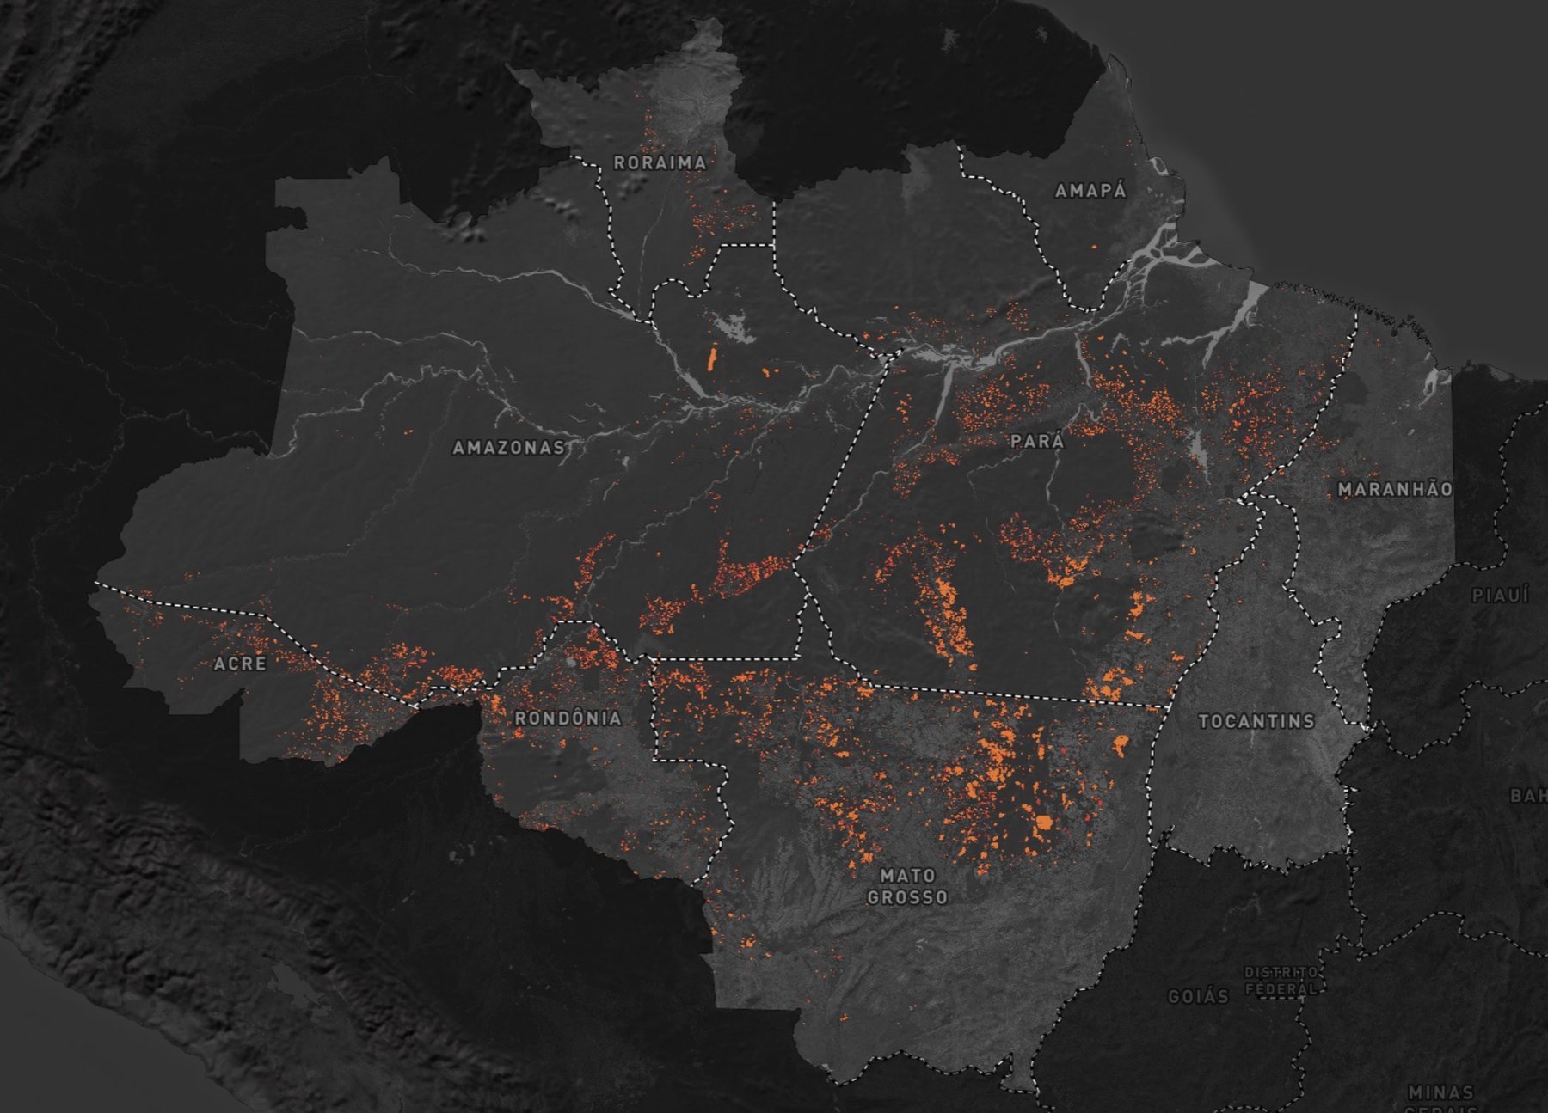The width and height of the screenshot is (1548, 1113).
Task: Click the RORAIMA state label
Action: (x=660, y=162)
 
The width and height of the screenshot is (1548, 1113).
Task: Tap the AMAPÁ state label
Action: (x=1090, y=191)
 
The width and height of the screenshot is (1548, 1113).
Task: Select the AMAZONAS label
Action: (x=508, y=448)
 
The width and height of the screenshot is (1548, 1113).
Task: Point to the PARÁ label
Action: (x=1037, y=442)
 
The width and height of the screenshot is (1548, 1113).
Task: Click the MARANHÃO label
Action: (x=1395, y=489)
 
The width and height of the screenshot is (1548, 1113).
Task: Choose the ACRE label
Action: (x=240, y=664)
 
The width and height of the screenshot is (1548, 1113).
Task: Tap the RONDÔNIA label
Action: (x=568, y=718)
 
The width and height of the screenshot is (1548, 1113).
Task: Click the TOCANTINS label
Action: (x=1256, y=721)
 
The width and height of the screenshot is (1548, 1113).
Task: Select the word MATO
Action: (x=907, y=876)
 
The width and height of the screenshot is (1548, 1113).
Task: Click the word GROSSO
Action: (x=907, y=897)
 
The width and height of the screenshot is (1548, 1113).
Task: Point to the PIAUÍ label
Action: (x=1500, y=596)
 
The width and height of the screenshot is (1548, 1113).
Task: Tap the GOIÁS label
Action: (x=1198, y=997)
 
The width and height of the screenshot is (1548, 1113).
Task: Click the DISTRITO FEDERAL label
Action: (x=1281, y=980)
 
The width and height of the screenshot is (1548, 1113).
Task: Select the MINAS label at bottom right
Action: (x=1440, y=1092)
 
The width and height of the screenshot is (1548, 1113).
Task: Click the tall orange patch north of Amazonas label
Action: (x=712, y=358)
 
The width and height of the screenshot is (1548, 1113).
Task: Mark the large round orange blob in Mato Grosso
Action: (x=1044, y=823)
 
